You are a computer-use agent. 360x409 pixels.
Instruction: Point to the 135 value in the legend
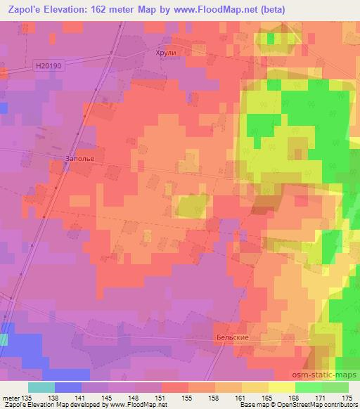(27, 397)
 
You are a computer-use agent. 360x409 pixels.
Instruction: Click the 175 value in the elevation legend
(346, 397)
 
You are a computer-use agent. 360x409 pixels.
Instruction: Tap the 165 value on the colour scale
(266, 397)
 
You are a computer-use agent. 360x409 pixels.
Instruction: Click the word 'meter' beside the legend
(11, 397)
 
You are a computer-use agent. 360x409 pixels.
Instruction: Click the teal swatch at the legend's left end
(41, 387)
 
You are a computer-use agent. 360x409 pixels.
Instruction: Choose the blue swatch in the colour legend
(67, 387)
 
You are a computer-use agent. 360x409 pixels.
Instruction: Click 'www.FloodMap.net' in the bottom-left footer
(136, 405)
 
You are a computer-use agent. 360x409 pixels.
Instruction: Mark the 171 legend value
(320, 397)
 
